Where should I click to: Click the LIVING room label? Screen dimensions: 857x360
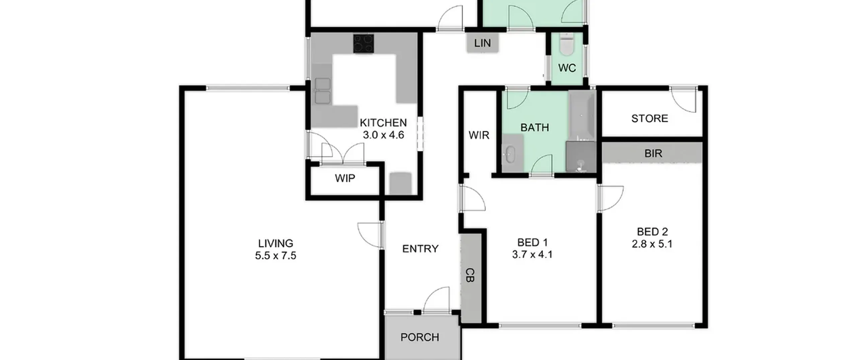(x=276, y=243)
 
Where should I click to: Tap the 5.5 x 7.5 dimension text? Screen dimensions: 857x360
(x=276, y=256)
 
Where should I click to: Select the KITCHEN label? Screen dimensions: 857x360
(x=383, y=123)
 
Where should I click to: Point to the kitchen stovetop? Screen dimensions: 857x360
(x=364, y=44)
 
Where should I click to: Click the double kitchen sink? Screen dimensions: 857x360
(x=323, y=91)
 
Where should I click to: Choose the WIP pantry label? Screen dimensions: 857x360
(x=345, y=178)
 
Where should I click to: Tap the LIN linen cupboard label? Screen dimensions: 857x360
(x=482, y=43)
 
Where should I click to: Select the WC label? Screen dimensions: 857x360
(x=567, y=68)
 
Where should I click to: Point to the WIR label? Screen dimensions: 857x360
(x=479, y=135)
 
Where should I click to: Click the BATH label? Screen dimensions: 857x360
(x=535, y=127)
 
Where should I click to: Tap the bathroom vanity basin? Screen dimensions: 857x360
(x=510, y=154)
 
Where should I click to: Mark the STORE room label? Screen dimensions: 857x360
(x=649, y=118)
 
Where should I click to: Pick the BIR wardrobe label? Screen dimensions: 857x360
(x=653, y=153)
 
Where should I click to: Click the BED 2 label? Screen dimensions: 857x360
(x=652, y=232)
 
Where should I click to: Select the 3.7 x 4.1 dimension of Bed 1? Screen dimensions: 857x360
(x=532, y=255)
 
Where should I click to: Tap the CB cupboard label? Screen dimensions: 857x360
(x=470, y=275)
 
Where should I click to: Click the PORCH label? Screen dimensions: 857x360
(x=420, y=337)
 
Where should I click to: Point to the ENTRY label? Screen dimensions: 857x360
(x=420, y=248)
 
